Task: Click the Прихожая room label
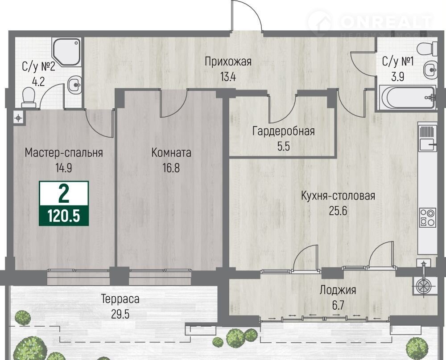point(228,61)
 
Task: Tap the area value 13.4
point(228,77)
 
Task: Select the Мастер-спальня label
point(64,153)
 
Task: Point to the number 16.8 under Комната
point(171,168)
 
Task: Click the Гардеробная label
point(284,131)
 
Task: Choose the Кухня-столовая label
point(338,196)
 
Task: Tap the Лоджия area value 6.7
point(338,306)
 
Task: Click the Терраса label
point(120,299)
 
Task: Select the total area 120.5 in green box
point(64,216)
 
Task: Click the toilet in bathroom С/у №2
point(29,98)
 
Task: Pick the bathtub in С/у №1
point(407,98)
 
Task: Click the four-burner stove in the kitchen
point(428,217)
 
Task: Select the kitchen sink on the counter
point(428,145)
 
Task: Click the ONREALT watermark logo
point(370,23)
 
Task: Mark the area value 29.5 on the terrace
point(120,314)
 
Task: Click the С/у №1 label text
point(398,61)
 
